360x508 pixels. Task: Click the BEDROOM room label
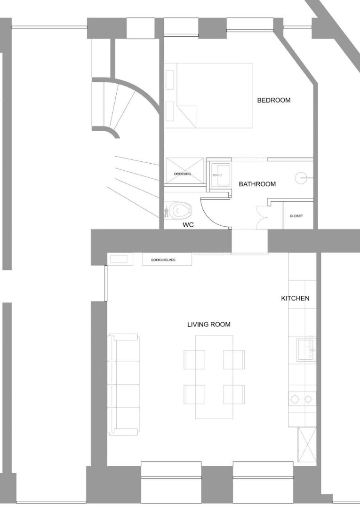[273, 100]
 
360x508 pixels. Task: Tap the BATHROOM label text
[257, 184]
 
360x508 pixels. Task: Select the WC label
[188, 224]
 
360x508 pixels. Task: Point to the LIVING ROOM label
[208, 324]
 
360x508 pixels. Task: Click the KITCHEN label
[295, 298]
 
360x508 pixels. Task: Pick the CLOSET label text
[296, 216]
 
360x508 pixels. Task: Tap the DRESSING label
[183, 174]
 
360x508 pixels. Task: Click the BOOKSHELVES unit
[167, 260]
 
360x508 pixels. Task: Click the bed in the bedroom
[214, 95]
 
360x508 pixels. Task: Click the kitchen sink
[305, 349]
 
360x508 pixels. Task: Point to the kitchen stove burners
[301, 399]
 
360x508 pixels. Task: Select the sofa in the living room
[124, 384]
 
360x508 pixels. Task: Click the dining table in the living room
[214, 377]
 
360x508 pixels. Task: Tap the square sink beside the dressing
[221, 175]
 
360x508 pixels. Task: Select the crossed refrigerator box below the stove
[307, 444]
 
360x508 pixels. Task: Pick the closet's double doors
[261, 217]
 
